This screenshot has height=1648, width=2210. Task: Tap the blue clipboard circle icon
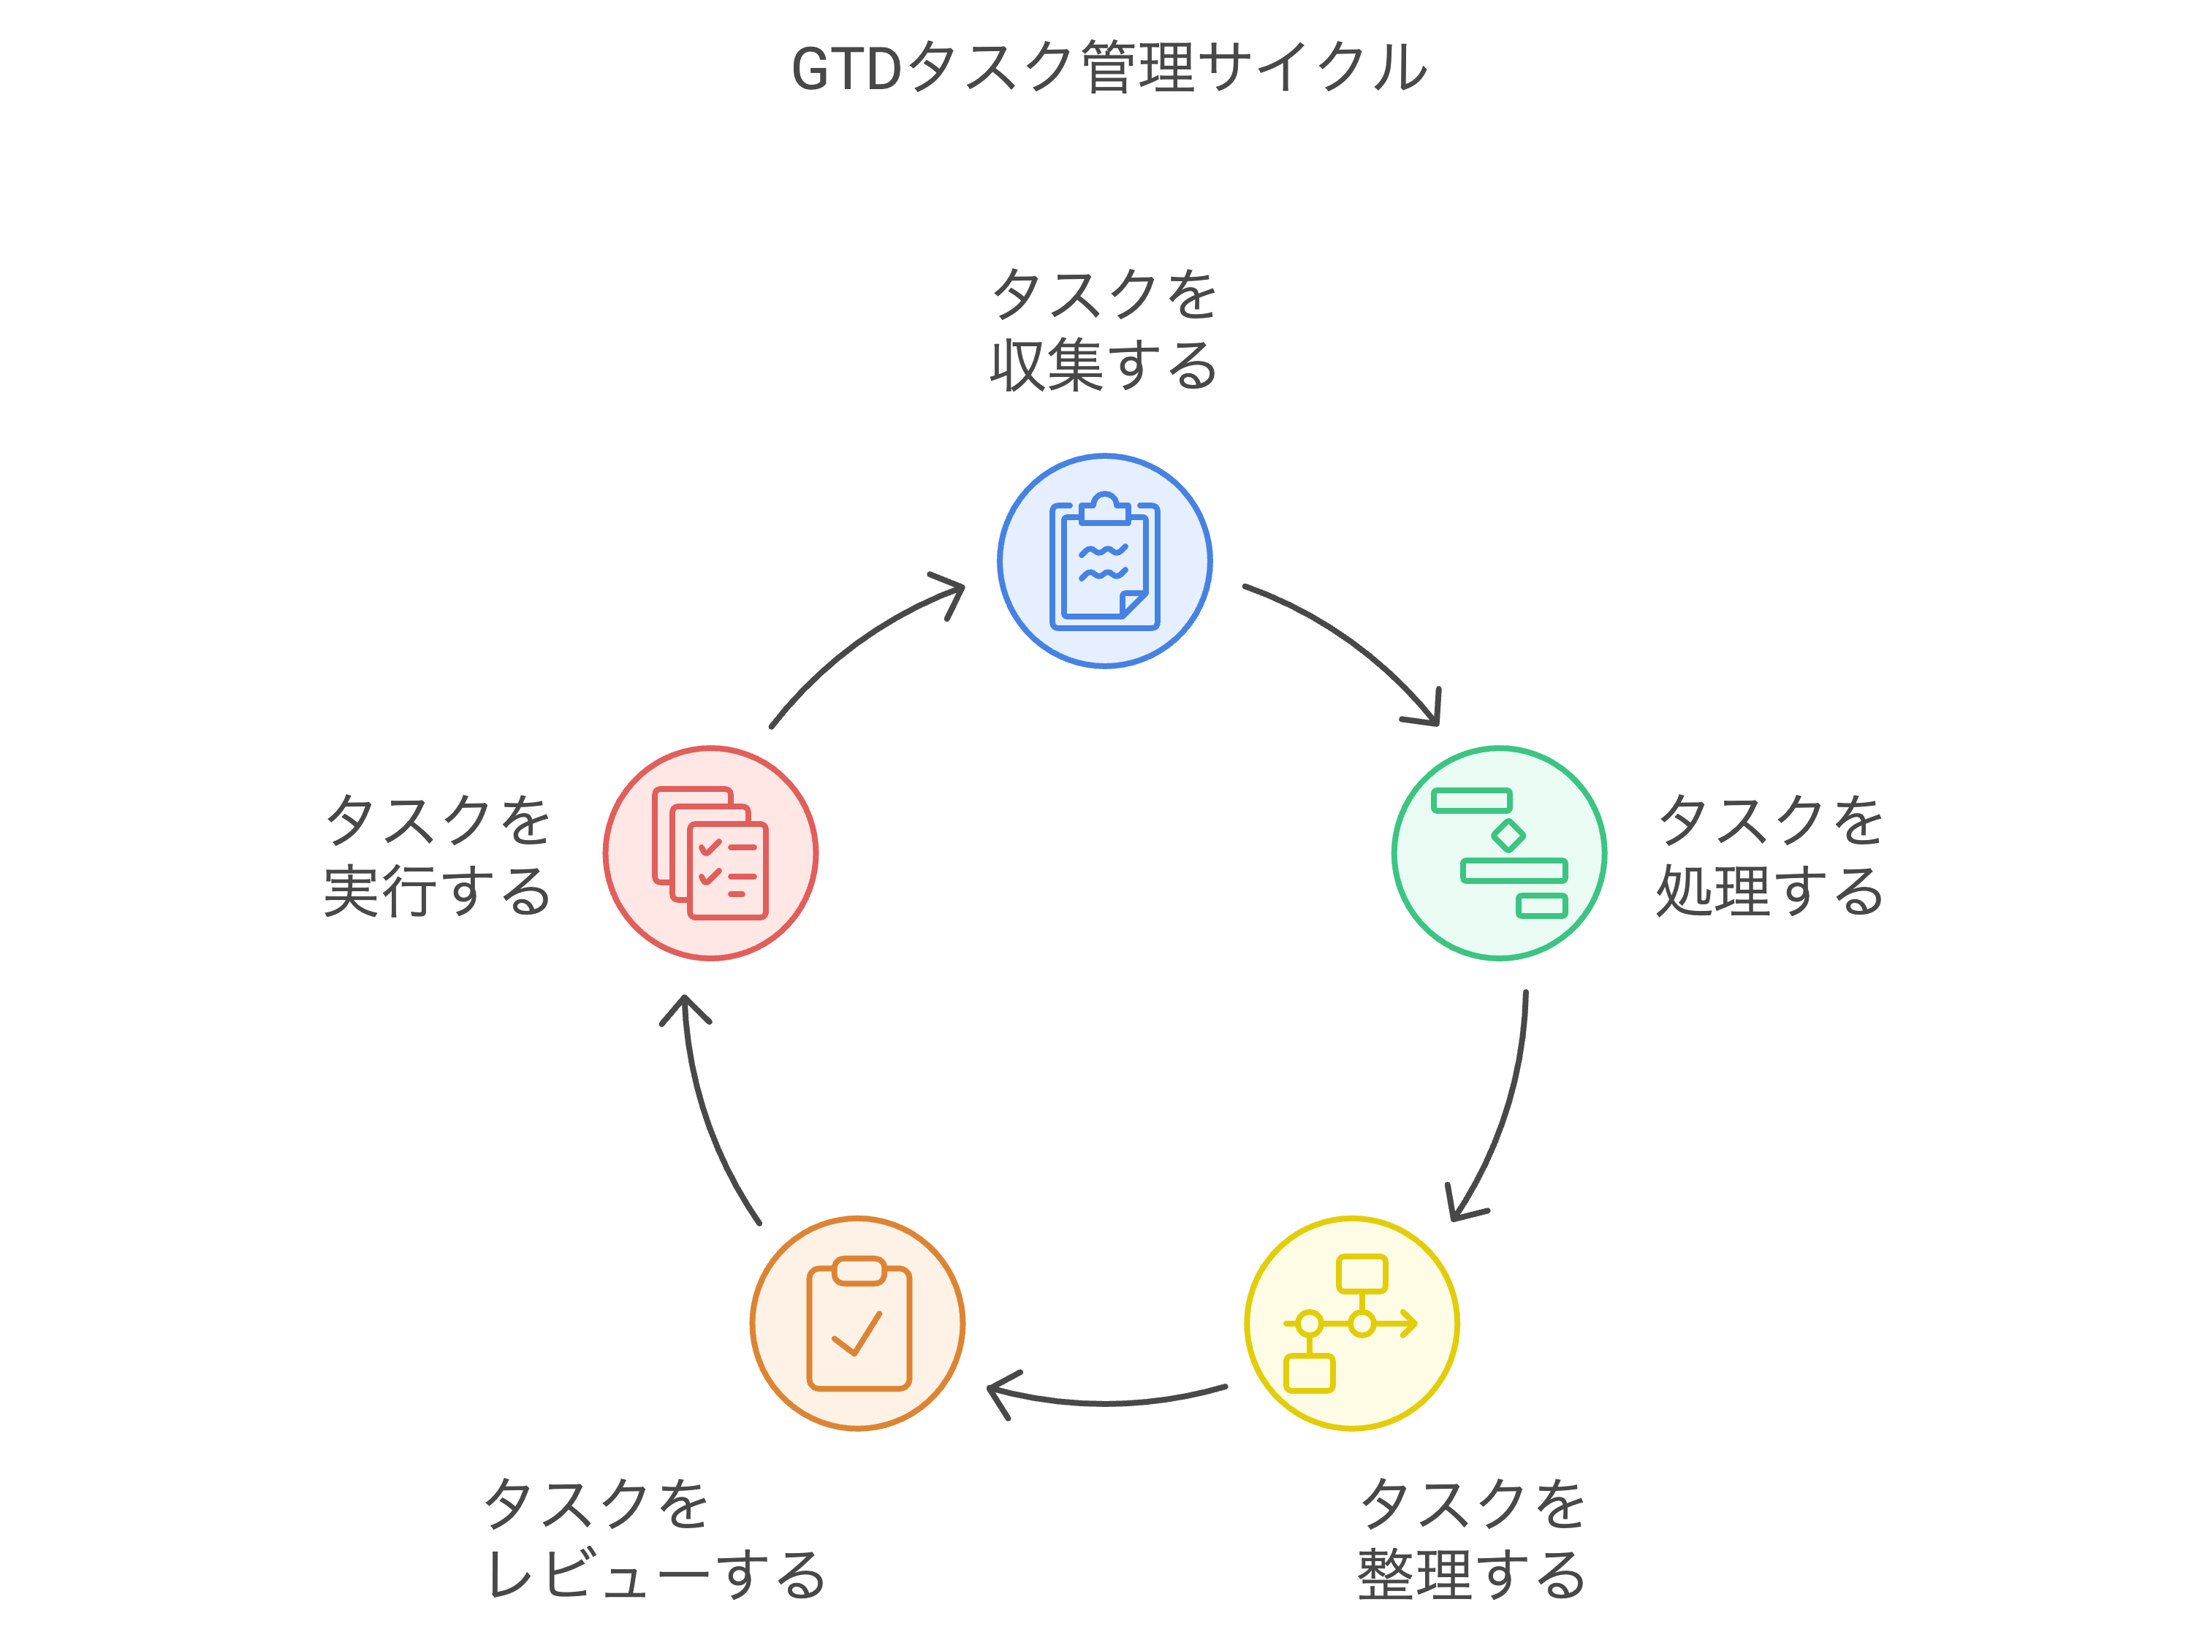1104,560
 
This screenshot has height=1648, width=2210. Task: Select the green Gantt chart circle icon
1499,853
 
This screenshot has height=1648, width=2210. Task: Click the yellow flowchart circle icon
1352,1323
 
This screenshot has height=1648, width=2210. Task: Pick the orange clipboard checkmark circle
857,1323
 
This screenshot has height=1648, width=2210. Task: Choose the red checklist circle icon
710,853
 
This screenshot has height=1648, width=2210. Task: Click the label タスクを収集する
1104,329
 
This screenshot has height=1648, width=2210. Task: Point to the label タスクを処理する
1769,855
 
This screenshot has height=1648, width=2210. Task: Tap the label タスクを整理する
1472,1539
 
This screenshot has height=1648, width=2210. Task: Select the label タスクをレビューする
653,1539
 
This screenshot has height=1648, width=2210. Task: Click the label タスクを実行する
437,855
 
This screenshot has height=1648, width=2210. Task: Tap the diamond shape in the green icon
1508,834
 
